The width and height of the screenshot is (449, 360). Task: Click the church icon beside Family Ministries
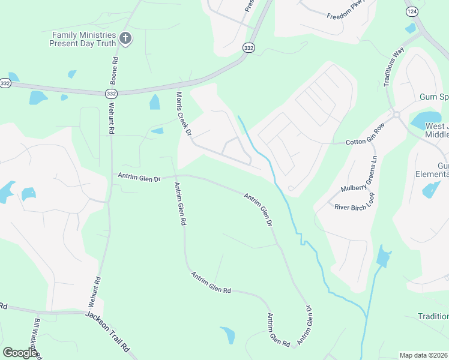125,39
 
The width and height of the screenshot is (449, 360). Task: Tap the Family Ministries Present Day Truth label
84,39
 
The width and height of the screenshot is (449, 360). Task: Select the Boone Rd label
113,70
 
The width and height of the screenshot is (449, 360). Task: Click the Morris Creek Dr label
183,113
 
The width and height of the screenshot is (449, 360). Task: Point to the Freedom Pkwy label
346,13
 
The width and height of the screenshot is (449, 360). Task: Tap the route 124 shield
411,12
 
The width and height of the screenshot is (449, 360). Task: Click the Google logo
20,353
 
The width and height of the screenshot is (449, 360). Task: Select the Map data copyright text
423,355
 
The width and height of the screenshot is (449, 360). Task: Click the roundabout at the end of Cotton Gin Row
397,114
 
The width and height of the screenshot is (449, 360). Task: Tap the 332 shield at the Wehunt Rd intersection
110,94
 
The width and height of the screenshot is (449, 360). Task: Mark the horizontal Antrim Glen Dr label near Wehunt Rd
140,178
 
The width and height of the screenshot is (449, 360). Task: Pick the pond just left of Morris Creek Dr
155,102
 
